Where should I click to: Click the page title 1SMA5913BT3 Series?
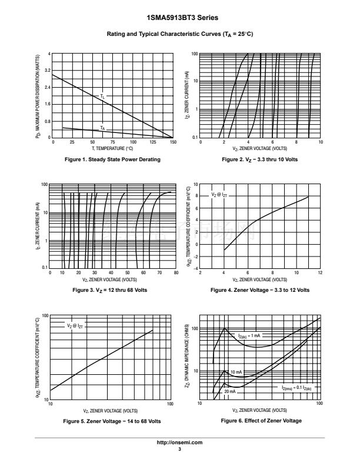point(179,18)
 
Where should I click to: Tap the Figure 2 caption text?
point(259,159)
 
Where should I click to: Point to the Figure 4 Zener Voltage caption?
point(259,290)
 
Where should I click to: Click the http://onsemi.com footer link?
point(179,442)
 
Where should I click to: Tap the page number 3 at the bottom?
point(179,449)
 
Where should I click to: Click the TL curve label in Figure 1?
point(102,95)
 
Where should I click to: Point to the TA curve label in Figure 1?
point(102,128)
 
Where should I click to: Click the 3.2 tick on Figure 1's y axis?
point(48,71)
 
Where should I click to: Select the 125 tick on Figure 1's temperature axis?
point(153,142)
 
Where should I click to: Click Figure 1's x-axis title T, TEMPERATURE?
point(112,149)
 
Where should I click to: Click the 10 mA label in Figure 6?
point(236,372)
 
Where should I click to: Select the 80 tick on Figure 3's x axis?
point(176,273)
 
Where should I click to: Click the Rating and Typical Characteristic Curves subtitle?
point(179,34)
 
